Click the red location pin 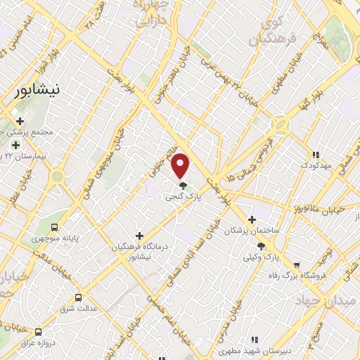click(181, 165)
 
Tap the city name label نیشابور click(39, 91)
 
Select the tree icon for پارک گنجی click(183, 186)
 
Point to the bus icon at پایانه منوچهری click(54, 226)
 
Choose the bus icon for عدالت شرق click(78, 297)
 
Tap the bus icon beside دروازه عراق click(38, 331)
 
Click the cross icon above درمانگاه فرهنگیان click(139, 236)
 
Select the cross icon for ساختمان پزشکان click(252, 219)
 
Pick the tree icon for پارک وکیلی click(262, 246)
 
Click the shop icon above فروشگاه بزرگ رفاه click(297, 265)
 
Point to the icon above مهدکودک click(315, 155)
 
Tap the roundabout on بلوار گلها click(281, 124)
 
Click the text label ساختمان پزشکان click(252, 231)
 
